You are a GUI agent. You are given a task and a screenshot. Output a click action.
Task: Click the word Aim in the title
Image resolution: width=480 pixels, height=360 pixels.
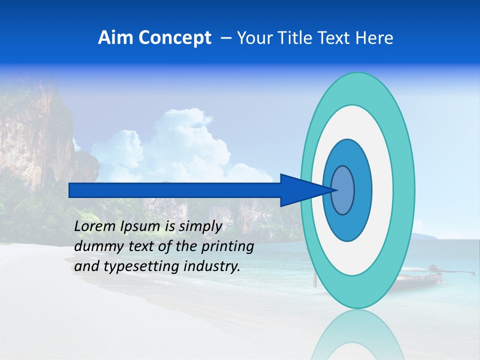click(115, 38)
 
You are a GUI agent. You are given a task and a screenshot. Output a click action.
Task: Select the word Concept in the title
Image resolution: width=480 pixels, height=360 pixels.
click(174, 38)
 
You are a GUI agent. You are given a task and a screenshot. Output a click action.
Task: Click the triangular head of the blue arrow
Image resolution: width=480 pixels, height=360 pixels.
click(300, 190)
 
